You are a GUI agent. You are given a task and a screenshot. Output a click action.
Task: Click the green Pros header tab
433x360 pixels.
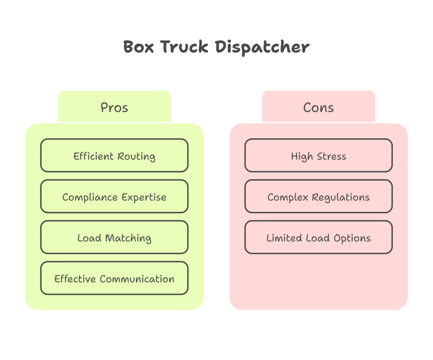114,107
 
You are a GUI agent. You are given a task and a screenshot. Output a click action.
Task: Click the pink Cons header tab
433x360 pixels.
318,107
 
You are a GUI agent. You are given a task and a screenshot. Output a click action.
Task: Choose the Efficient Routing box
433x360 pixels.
114,156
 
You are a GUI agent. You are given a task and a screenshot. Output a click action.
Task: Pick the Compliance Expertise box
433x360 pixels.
114,197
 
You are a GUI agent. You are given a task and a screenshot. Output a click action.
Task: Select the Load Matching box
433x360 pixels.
114,237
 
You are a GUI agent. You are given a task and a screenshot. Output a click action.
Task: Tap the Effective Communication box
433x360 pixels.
114,278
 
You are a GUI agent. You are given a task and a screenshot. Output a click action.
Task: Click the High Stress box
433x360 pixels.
318,156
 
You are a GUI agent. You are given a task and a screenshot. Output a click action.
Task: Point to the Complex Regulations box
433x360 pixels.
318,197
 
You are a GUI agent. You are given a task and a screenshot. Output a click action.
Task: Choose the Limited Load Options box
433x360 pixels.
318,237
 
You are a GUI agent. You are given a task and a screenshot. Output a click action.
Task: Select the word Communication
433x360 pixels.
137,279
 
